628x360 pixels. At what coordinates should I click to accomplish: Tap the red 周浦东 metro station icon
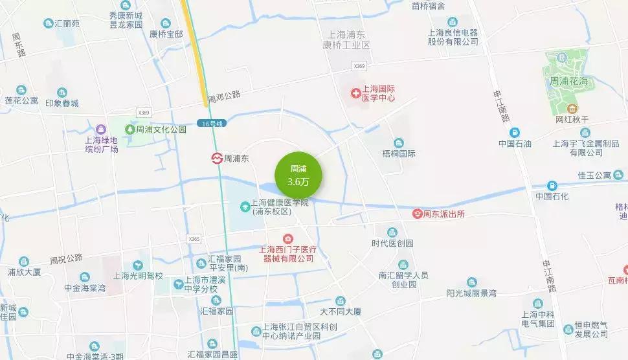click(216, 158)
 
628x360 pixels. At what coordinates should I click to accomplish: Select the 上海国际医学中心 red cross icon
click(355, 93)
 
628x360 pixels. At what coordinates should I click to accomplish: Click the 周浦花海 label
click(568, 82)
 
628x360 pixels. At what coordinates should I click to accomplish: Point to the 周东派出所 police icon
click(418, 214)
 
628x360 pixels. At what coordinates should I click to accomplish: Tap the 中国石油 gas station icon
click(515, 132)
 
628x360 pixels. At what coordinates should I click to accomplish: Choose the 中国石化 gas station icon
click(552, 185)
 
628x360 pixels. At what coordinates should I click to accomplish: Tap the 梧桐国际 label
click(399, 154)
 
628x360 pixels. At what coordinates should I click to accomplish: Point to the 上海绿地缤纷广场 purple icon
click(100, 129)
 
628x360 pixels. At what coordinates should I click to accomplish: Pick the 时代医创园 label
click(392, 243)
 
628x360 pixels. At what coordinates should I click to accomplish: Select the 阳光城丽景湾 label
click(471, 293)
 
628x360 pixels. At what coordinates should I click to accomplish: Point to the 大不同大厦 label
click(341, 311)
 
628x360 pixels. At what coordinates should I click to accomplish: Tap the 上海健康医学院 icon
click(245, 207)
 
